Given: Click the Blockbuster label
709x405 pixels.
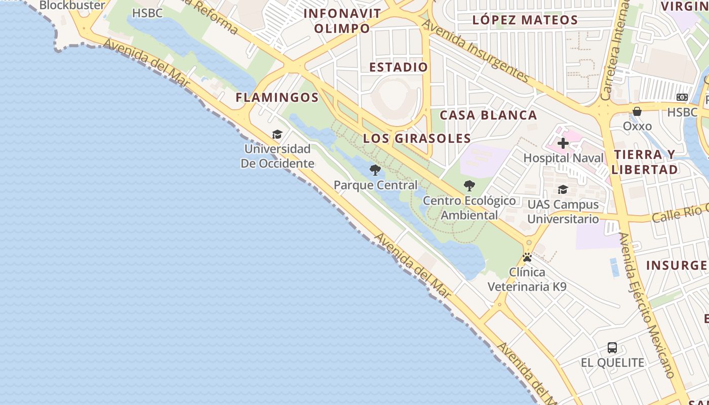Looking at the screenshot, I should [72, 6].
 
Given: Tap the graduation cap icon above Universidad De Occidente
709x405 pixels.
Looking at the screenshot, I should [277, 134].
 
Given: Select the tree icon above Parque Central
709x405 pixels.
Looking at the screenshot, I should [375, 170].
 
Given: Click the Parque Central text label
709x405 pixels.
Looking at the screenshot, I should [375, 185].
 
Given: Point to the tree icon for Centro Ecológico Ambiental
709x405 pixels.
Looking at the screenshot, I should [469, 186].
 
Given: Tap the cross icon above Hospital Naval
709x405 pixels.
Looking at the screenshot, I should [563, 143].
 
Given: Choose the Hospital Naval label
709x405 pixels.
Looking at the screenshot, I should [563, 158].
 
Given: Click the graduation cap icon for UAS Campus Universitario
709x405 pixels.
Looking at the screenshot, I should [563, 190].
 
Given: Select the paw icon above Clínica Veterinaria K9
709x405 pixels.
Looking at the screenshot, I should [527, 257].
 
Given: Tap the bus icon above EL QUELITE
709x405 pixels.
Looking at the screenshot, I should [612, 348].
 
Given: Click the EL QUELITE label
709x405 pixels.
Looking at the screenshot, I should [612, 363].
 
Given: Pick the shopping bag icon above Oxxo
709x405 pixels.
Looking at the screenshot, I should [637, 111].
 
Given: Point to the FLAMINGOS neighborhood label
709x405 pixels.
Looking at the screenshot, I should [277, 98].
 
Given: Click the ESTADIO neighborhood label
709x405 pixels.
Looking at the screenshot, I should [399, 67].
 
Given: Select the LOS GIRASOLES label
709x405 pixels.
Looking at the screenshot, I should [417, 138].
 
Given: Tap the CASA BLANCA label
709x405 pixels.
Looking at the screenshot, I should [488, 115].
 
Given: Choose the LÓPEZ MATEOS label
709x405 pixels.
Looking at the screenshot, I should [525, 20].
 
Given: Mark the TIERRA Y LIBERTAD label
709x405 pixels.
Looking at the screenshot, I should [645, 162].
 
